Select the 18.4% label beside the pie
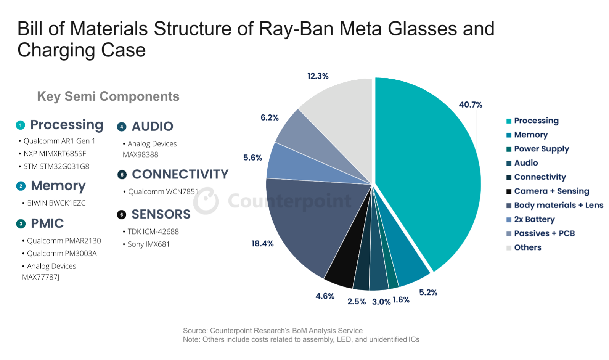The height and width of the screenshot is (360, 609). click(x=262, y=244)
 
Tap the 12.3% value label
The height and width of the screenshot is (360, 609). click(x=318, y=76)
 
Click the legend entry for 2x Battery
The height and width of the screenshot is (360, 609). click(x=534, y=219)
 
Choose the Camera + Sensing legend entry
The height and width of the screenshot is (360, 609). click(x=551, y=191)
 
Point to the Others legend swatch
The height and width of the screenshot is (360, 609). click(x=509, y=248)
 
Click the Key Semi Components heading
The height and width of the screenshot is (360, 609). click(x=108, y=96)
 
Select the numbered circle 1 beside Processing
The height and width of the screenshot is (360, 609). click(x=21, y=125)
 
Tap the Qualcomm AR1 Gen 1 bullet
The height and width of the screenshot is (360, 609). click(x=59, y=141)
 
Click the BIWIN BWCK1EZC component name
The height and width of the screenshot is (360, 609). click(x=56, y=203)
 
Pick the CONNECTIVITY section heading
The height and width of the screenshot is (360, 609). click(x=180, y=174)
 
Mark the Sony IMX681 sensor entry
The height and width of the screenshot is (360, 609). click(x=148, y=244)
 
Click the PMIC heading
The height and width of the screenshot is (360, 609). click(x=47, y=223)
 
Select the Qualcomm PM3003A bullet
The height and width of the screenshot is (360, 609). click(x=61, y=254)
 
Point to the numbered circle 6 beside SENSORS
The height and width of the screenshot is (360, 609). click(x=122, y=215)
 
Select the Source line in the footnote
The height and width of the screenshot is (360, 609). click(x=273, y=331)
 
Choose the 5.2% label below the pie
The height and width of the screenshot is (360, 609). click(x=428, y=292)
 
